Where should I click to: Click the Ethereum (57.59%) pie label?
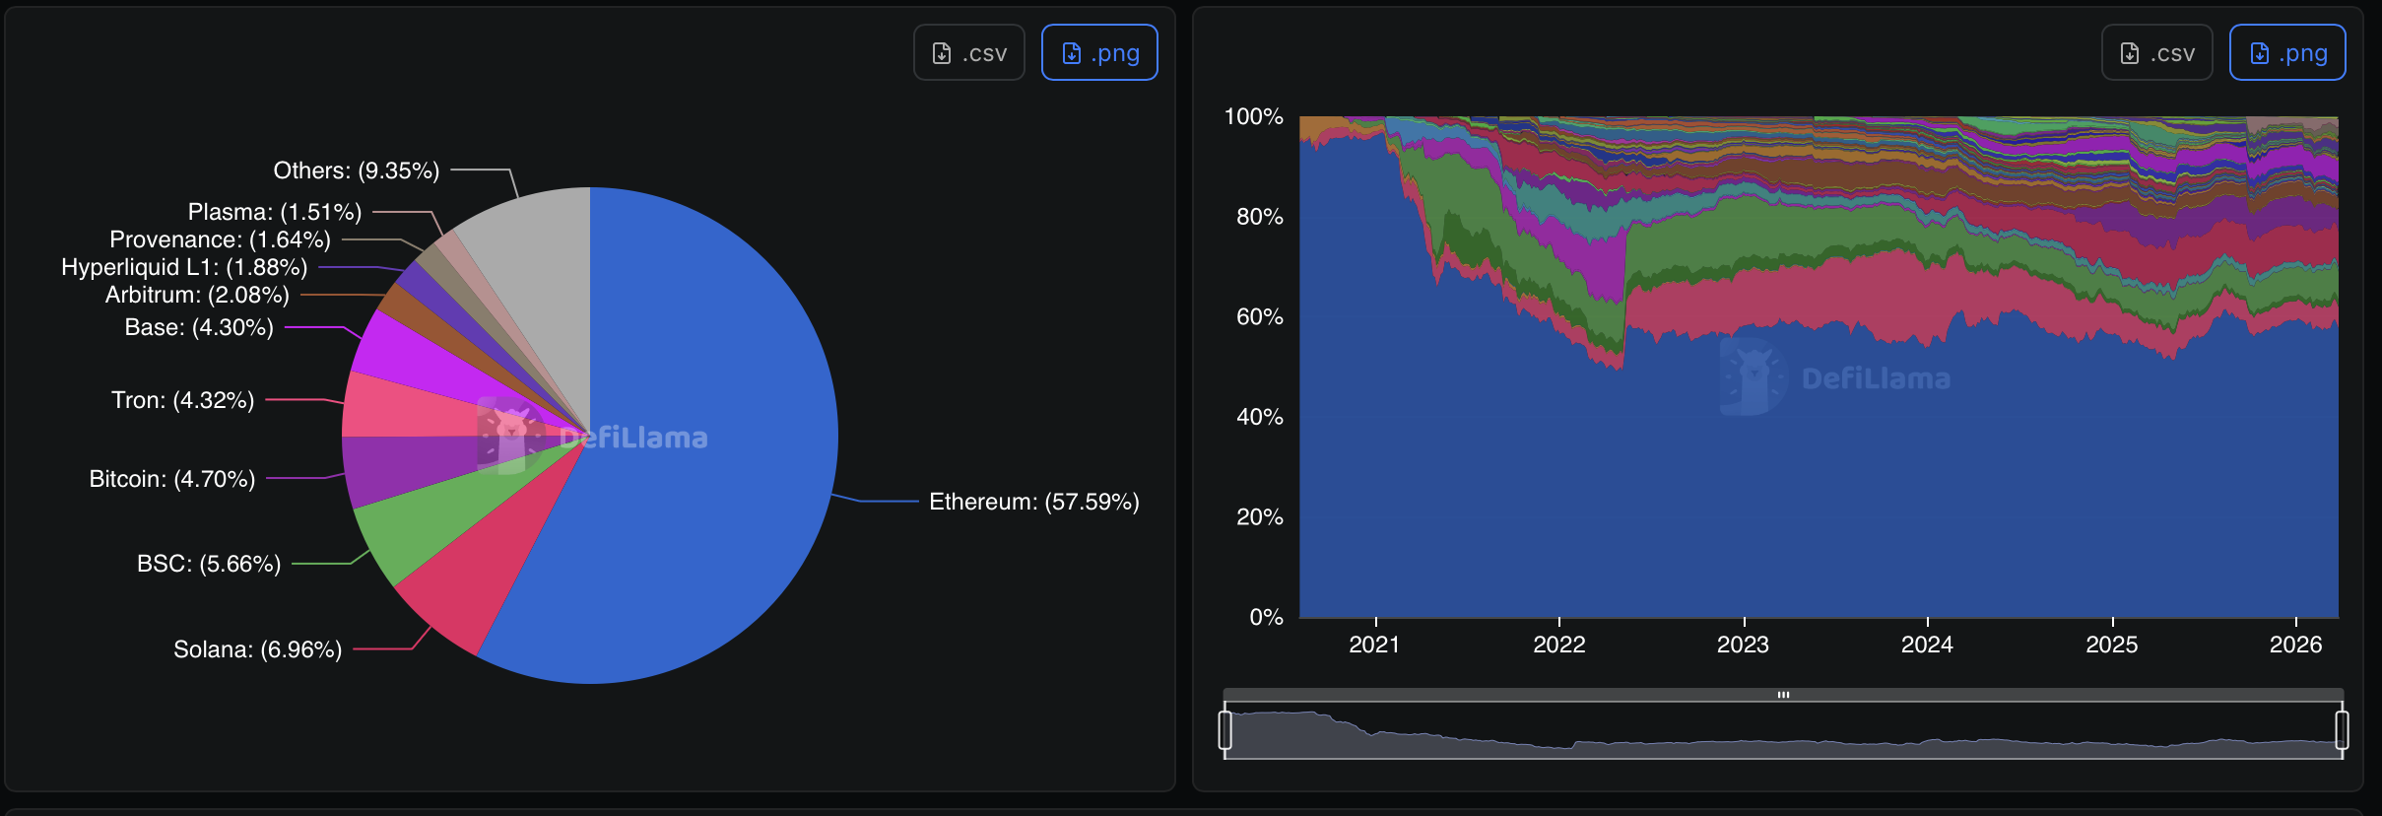click(1033, 502)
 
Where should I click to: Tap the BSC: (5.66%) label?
click(209, 564)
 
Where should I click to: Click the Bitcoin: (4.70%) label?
click(172, 479)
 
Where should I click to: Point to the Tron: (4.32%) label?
click(183, 400)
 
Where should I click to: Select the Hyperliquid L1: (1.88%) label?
click(184, 267)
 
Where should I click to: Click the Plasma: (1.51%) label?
click(275, 212)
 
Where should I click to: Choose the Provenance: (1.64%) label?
click(220, 239)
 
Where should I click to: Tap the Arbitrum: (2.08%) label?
click(197, 295)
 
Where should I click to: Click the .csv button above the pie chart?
click(969, 53)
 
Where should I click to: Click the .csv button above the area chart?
click(2156, 53)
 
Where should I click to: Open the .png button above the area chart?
click(2286, 53)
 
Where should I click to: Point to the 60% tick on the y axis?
click(1259, 317)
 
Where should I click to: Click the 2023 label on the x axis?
click(1743, 645)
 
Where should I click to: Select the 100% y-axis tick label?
click(1253, 117)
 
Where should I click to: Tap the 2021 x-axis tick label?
click(1374, 645)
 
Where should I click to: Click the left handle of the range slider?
click(1224, 730)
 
